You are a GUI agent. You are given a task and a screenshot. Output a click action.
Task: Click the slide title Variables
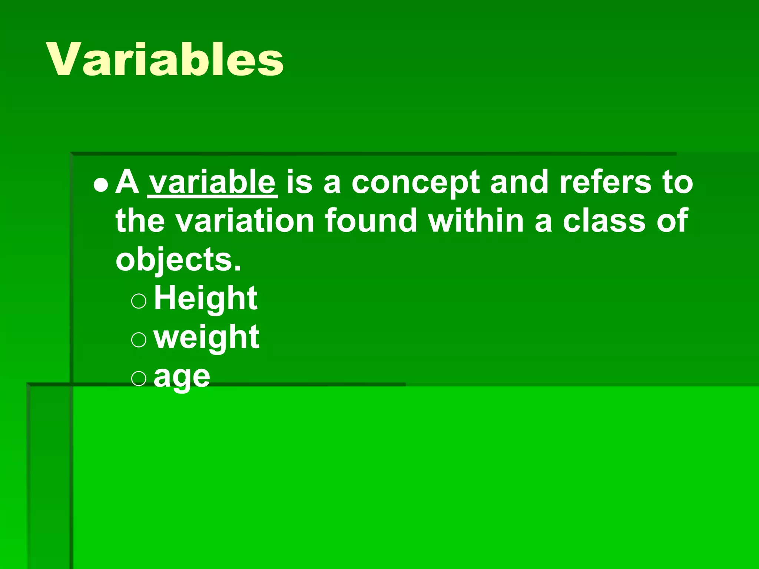coord(165,59)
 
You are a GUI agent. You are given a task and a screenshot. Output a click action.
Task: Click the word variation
coord(245,221)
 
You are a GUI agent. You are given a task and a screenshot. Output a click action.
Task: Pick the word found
coord(371,221)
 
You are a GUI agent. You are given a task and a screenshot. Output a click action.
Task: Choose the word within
coord(476,221)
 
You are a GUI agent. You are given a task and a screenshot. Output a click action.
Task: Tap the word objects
coord(178,260)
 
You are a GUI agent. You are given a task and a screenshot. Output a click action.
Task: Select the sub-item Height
coord(206,299)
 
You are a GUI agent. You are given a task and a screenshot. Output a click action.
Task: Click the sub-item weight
coord(206,338)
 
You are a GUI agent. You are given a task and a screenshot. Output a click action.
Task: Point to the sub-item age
coord(182,377)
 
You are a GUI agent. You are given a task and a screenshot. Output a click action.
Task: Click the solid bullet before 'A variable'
coord(101,184)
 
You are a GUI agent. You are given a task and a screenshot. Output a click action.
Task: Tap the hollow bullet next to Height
coord(139,301)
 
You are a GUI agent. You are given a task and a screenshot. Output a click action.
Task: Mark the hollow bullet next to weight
coord(139,339)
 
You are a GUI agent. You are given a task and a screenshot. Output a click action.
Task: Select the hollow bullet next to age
coord(139,379)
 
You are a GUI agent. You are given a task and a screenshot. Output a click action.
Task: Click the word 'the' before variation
coord(140,221)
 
